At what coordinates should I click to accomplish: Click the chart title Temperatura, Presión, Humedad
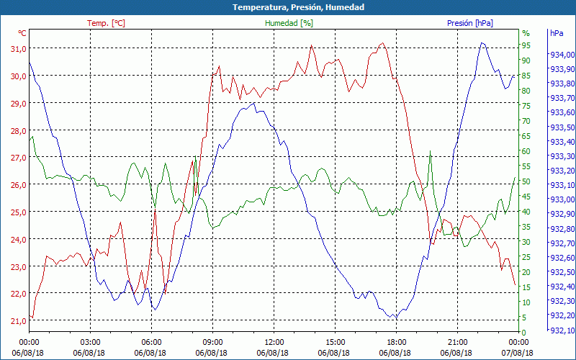click(x=288, y=7)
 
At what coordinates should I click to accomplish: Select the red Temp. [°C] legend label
click(x=106, y=23)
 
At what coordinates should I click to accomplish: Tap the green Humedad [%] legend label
click(x=289, y=23)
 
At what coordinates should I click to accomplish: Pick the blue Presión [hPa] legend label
click(x=470, y=23)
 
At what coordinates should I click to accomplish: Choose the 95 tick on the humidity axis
click(x=526, y=48)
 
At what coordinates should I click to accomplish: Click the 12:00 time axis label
click(x=274, y=342)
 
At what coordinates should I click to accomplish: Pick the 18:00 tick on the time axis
click(x=396, y=342)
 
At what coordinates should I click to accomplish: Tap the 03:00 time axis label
click(x=90, y=342)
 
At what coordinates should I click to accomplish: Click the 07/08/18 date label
click(x=518, y=352)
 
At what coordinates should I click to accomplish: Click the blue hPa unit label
click(x=556, y=33)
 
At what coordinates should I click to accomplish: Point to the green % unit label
click(x=526, y=33)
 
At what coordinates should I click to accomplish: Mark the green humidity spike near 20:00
click(x=430, y=153)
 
